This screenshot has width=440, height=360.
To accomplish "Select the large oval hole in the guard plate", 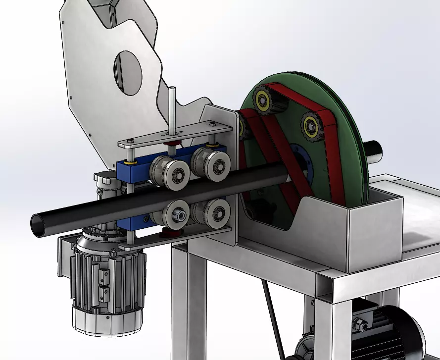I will (128, 74).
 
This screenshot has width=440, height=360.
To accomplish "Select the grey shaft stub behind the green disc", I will (375, 150).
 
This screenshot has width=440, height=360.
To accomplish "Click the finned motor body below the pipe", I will (106, 277).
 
